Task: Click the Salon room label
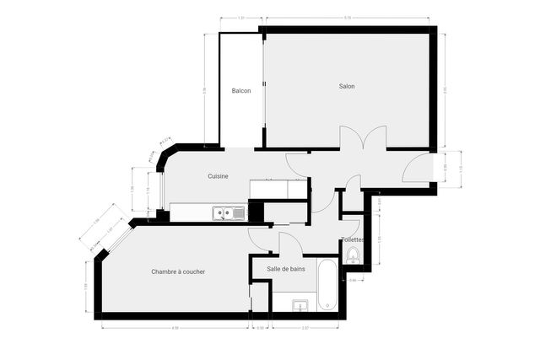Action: coord(346,87)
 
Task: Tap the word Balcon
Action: coord(241,91)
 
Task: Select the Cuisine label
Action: coord(219,176)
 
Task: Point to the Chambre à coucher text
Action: coord(178,271)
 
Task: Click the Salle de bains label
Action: coord(286,268)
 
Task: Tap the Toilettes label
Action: coord(354,239)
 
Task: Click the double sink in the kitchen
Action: coord(229,212)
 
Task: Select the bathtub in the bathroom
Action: coord(327,285)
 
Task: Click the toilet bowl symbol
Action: coord(352,256)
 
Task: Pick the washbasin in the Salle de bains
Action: coord(300,305)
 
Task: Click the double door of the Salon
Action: coord(363,137)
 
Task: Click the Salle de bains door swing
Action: coord(290,244)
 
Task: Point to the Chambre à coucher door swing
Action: coord(260,238)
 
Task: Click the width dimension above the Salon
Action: coord(347,17)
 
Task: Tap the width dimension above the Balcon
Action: coord(241,17)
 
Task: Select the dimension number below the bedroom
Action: coord(175,327)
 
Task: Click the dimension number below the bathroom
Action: coord(305,327)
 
